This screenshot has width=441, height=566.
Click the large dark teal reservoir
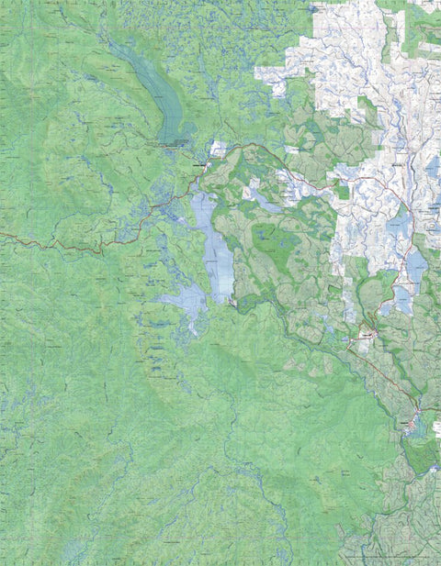click(165, 96)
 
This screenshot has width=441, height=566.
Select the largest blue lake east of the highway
click(416, 266)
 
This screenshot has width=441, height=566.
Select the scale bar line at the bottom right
click(386, 556)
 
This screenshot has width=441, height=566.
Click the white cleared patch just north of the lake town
click(218, 147)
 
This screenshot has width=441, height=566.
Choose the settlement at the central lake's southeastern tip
click(235, 303)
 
